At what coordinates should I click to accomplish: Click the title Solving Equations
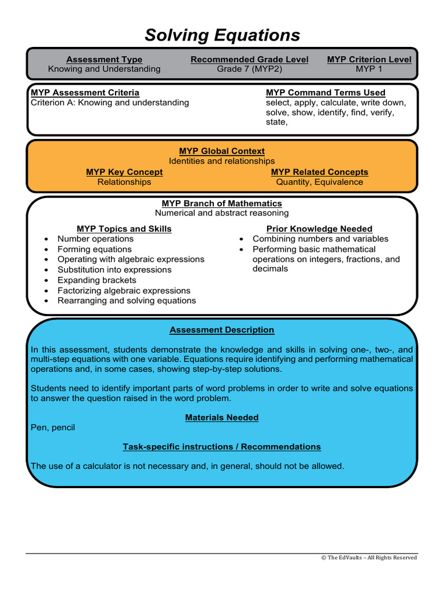pos(222,35)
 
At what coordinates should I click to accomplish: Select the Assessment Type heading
pos(104,60)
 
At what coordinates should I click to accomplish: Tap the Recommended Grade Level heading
pos(249,60)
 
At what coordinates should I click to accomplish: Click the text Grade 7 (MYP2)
pos(249,69)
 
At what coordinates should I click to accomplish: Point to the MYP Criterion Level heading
pos(369,60)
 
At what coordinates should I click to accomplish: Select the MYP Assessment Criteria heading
pos(85,93)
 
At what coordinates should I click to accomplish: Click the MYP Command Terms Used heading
pos(325,93)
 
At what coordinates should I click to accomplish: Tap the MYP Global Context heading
pos(222,151)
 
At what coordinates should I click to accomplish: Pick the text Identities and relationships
pos(222,161)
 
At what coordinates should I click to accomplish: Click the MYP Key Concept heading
pos(124,172)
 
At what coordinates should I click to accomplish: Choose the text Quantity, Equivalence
pos(319,182)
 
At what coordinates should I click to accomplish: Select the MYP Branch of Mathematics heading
pos(222,203)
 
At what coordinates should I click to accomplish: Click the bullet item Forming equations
pos(94,249)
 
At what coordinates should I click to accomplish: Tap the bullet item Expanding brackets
pos(97,280)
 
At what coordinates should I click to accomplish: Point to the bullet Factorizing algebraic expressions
pos(124,291)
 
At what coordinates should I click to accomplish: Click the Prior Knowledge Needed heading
pos(319,229)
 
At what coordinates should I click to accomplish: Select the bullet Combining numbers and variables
pos(320,239)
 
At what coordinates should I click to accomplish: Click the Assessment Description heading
pos(222,330)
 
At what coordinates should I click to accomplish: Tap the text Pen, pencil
pos(53,427)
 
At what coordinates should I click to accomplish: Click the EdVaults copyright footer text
pos(369,558)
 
